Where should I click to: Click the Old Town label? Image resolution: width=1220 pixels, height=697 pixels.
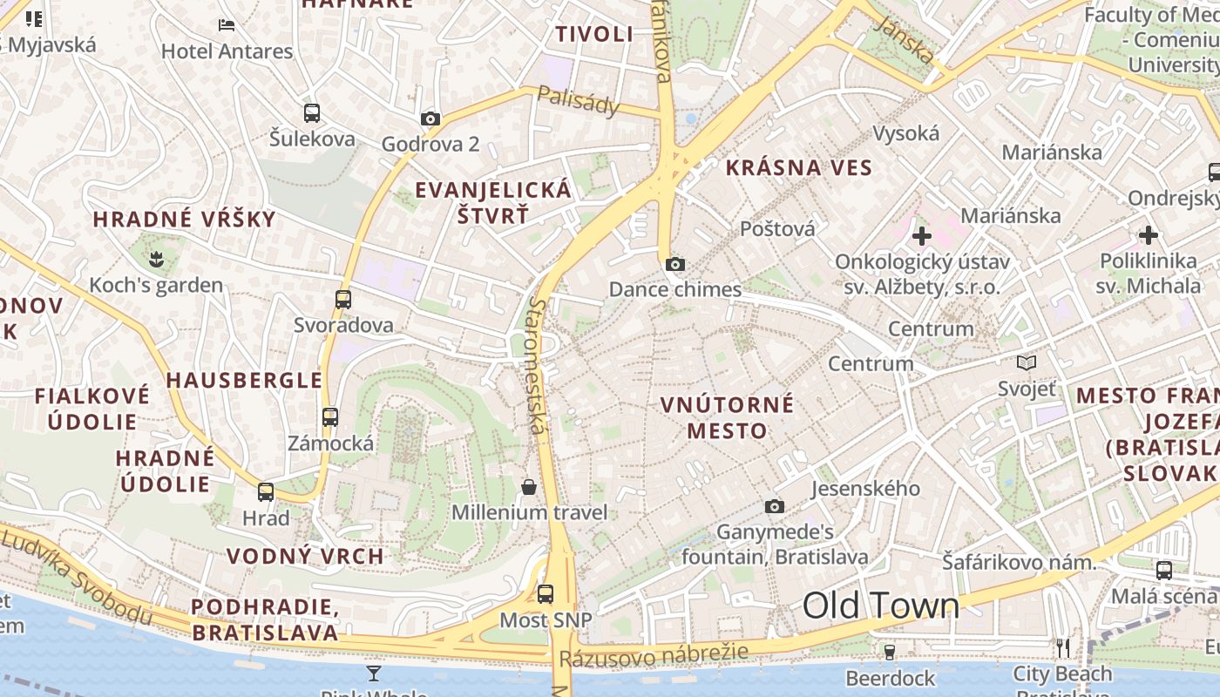[x=880, y=606]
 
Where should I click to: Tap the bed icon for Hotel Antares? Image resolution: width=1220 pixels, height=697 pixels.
[x=227, y=25]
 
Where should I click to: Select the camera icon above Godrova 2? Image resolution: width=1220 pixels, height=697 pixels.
[x=430, y=118]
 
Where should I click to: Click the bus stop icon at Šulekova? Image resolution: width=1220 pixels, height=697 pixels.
[x=311, y=112]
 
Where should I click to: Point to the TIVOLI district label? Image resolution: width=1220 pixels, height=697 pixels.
[x=594, y=34]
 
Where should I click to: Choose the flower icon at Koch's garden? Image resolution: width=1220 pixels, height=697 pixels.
[x=156, y=258]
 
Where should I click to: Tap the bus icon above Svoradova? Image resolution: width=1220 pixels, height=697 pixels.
[x=343, y=299]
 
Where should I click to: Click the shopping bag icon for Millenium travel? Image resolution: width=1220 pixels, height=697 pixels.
[x=528, y=486]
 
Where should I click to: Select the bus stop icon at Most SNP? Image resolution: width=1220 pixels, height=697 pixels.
[x=545, y=594]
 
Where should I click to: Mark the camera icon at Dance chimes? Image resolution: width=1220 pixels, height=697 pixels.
[x=674, y=264]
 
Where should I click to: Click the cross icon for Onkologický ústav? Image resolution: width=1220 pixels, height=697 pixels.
[x=921, y=235]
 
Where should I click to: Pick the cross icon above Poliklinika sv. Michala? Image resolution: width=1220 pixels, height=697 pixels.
[x=1148, y=234]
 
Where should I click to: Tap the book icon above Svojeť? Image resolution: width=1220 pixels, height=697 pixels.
[x=1027, y=362]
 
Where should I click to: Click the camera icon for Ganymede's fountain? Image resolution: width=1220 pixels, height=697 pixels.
[x=774, y=506]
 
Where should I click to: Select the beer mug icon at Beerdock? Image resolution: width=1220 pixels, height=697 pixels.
[x=889, y=652]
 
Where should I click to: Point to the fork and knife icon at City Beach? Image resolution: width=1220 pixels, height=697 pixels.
[x=1062, y=647]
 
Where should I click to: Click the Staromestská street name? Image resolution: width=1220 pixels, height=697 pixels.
[x=536, y=366]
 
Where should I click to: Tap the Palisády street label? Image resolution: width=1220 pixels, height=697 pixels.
[x=578, y=101]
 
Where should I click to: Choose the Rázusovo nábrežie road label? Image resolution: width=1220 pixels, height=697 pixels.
[x=654, y=655]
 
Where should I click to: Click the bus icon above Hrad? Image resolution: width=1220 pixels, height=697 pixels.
[x=266, y=492]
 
